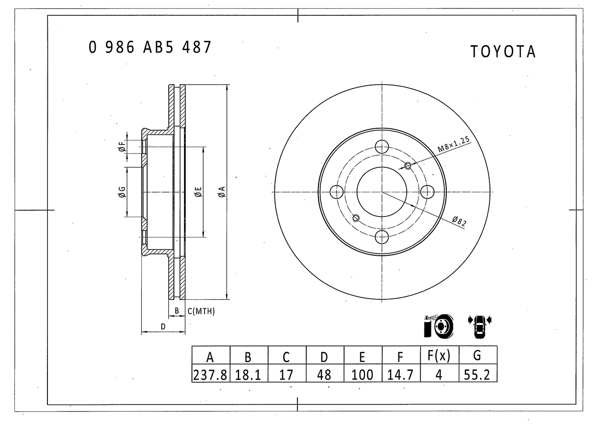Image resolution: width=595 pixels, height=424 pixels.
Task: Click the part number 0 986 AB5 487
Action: (x=150, y=47)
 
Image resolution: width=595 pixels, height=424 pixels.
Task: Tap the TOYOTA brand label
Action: (x=503, y=52)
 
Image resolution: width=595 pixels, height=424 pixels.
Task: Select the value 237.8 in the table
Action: (x=210, y=375)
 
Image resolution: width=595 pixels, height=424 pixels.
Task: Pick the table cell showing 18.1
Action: (x=248, y=375)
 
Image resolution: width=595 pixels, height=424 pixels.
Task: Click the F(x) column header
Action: (x=439, y=356)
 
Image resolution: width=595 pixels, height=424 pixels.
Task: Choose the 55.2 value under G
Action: (x=477, y=375)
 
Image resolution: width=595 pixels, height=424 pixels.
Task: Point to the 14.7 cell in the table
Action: (x=400, y=375)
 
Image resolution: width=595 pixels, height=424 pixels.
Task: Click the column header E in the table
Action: (x=362, y=357)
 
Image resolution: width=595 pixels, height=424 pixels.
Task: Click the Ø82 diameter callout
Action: (x=459, y=221)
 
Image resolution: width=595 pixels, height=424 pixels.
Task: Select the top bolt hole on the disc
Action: (x=382, y=146)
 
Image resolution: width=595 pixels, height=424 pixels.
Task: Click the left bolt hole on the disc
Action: (x=336, y=192)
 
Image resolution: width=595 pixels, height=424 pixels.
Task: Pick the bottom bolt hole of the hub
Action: (x=382, y=237)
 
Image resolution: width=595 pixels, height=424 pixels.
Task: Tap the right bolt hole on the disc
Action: (x=427, y=192)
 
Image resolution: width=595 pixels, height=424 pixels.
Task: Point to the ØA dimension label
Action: (x=222, y=192)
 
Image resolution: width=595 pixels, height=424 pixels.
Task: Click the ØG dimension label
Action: (x=122, y=192)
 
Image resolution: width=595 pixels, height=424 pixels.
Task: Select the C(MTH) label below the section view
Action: (x=201, y=311)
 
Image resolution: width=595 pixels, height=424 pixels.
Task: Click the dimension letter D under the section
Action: (x=163, y=326)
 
